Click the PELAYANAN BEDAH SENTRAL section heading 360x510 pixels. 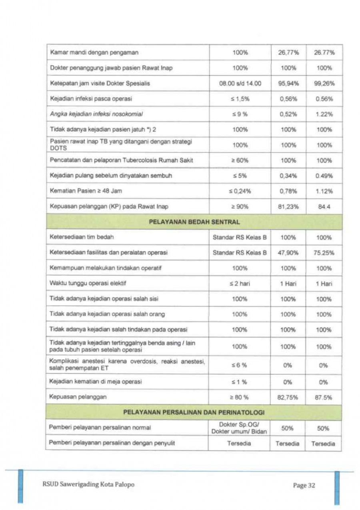pos(194,222)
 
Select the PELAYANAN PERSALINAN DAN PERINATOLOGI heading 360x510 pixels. pos(194,412)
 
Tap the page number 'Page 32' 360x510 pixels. pos(304,485)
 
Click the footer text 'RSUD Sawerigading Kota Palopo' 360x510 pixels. pos(88,484)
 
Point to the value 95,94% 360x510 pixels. pos(288,84)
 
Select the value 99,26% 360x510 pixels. pos(324,84)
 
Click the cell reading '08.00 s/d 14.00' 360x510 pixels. pos(240,84)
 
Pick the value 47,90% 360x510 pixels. pos(288,253)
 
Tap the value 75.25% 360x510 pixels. pos(324,253)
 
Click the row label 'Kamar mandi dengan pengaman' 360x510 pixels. pos(94,52)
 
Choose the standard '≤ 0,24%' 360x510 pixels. pos(240,191)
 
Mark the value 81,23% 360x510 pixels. pos(288,207)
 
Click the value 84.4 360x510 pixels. pos(324,207)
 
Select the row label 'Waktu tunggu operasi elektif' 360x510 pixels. pos(88,283)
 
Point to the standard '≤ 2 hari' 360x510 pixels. pos(240,283)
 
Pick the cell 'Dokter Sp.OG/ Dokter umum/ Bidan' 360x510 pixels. pos(240,428)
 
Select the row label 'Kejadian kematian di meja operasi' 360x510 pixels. pos(95,382)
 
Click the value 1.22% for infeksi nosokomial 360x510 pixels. pos(324,114)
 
